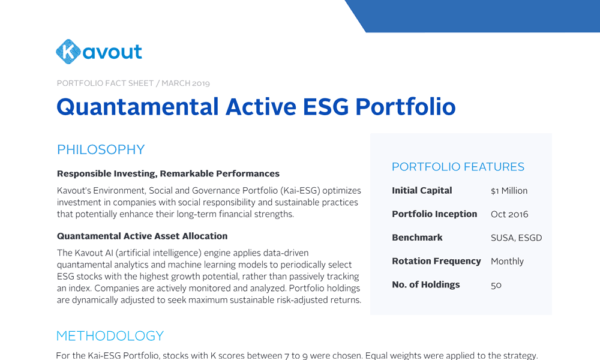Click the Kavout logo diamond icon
[68, 52]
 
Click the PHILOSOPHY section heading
[101, 149]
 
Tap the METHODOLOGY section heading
[110, 336]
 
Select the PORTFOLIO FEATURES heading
[458, 167]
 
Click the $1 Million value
[509, 191]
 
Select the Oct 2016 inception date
[509, 214]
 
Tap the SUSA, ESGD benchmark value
[516, 238]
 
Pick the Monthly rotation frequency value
[507, 262]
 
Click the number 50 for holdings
[496, 285]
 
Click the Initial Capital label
[422, 191]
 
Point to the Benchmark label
[417, 238]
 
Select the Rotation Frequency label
[436, 261]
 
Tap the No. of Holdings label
[426, 284]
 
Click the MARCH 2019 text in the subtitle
[185, 83]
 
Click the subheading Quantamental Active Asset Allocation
[142, 236]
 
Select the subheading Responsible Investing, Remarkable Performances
[169, 173]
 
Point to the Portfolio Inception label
[434, 214]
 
